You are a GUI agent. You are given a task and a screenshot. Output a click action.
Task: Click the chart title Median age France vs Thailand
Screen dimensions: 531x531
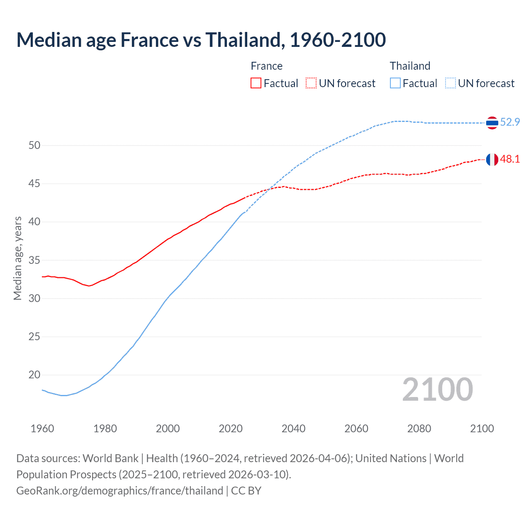pyautogui.click(x=201, y=40)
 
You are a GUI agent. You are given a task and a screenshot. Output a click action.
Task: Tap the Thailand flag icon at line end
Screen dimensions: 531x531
pyautogui.click(x=492, y=123)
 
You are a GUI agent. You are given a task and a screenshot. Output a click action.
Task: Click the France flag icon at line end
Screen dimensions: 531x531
pyautogui.click(x=492, y=159)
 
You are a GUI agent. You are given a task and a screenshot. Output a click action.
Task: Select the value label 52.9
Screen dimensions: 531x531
pyautogui.click(x=510, y=122)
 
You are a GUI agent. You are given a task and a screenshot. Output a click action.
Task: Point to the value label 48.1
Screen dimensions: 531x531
pyautogui.click(x=510, y=159)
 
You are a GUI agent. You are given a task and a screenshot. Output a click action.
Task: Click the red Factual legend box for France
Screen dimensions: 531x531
pyautogui.click(x=256, y=83)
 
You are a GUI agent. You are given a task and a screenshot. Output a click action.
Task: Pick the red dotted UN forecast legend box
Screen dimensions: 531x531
pyautogui.click(x=311, y=83)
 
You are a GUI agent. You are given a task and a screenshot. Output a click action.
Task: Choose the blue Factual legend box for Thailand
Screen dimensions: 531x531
pyautogui.click(x=395, y=83)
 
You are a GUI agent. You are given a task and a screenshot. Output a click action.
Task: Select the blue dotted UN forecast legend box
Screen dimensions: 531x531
pyautogui.click(x=451, y=83)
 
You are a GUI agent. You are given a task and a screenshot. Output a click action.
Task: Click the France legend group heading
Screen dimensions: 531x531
pyautogui.click(x=266, y=66)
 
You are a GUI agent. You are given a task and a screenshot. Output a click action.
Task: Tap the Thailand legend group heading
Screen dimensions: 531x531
pyautogui.click(x=410, y=66)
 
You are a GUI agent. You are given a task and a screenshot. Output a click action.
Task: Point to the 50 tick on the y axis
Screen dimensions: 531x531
pyautogui.click(x=34, y=145)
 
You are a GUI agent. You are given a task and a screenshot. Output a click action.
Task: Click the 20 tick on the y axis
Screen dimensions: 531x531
pyautogui.click(x=34, y=375)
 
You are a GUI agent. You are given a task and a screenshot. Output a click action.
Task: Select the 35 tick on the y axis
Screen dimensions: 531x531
pyautogui.click(x=34, y=260)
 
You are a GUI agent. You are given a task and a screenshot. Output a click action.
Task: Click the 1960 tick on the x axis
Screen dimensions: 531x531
pyautogui.click(x=42, y=429)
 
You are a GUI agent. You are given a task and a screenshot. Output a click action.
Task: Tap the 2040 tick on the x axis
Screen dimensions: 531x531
pyautogui.click(x=293, y=429)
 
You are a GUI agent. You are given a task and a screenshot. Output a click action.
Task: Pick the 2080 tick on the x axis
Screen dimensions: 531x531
pyautogui.click(x=419, y=429)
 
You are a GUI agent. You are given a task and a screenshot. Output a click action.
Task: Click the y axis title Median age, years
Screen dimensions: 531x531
pyautogui.click(x=17, y=258)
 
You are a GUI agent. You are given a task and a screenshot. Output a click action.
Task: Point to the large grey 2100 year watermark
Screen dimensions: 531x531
pyautogui.click(x=437, y=389)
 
